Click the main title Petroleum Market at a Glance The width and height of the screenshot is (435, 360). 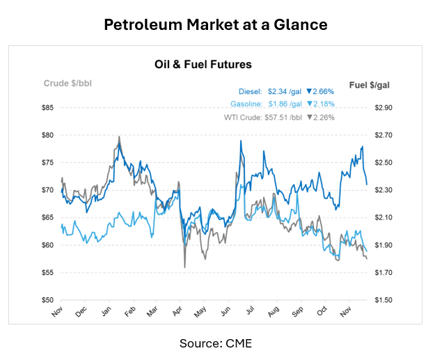(215, 24)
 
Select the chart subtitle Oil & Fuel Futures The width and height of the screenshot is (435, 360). (203, 64)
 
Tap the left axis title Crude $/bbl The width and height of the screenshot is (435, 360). (68, 84)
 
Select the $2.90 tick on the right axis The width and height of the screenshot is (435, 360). (383, 107)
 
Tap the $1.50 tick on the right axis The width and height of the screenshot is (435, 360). (383, 300)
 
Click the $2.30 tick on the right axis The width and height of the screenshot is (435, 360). (383, 190)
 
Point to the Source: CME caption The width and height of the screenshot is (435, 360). (215, 343)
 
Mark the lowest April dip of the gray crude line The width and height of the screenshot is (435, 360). (184, 267)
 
